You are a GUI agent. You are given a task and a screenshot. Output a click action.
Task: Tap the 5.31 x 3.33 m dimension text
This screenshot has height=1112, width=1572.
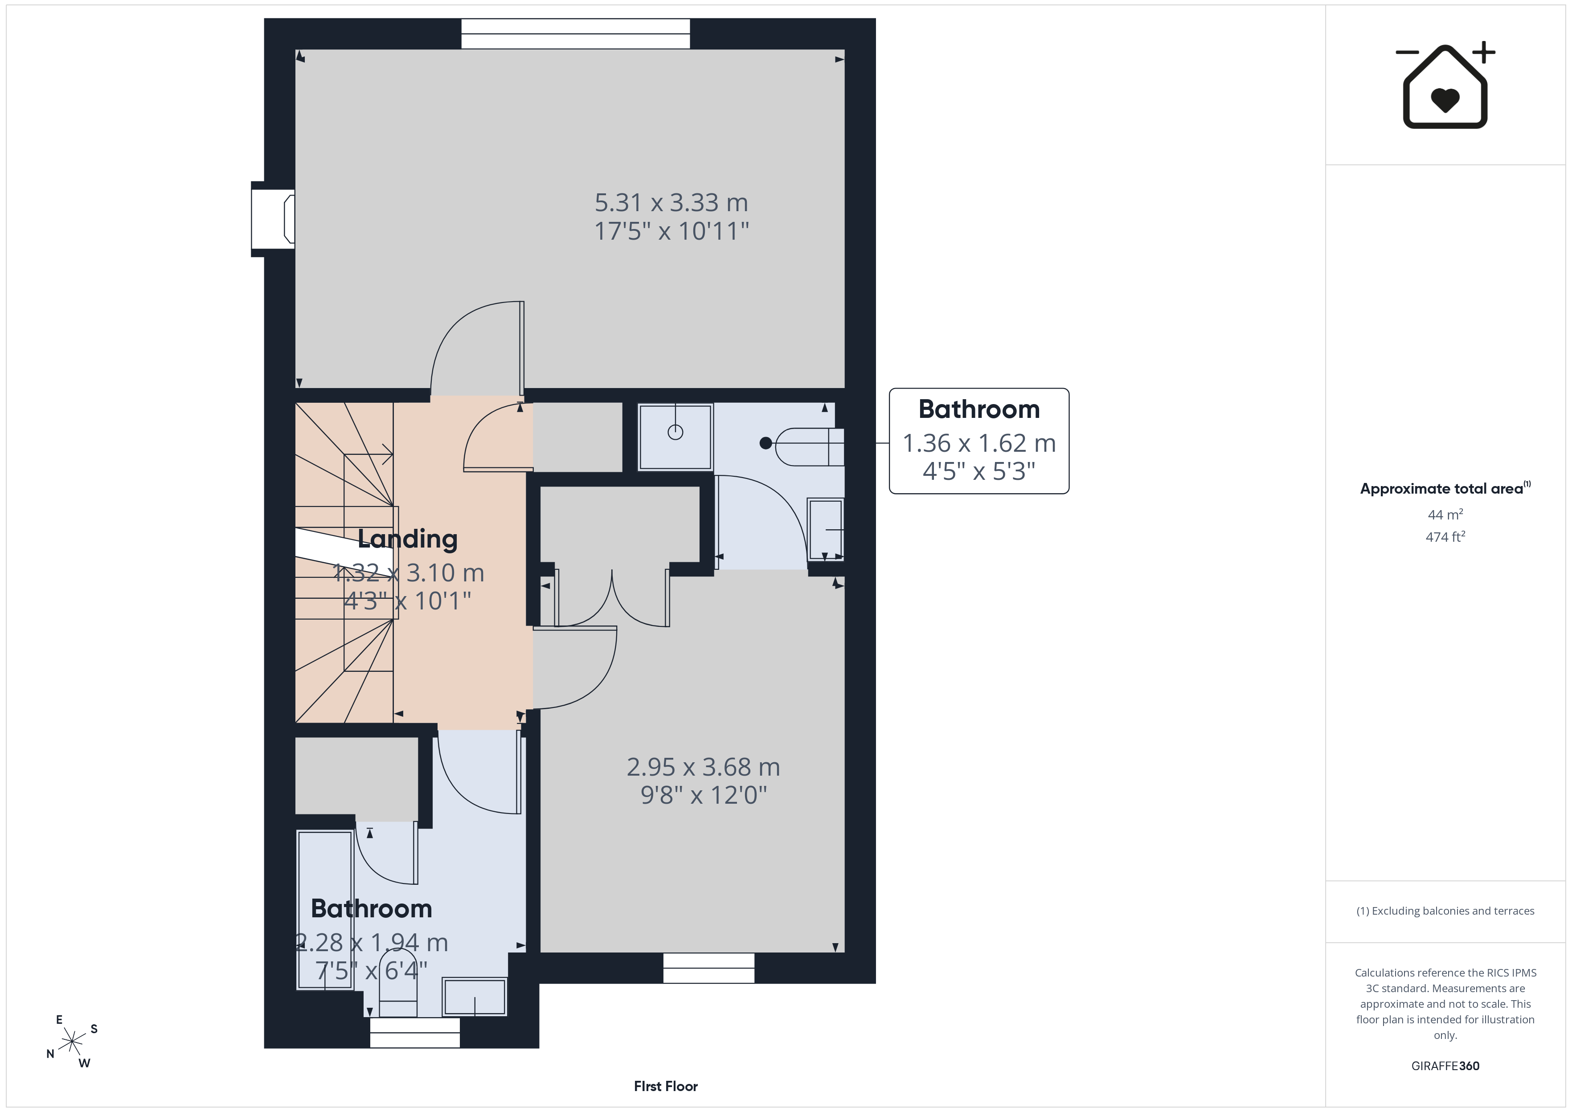tap(671, 203)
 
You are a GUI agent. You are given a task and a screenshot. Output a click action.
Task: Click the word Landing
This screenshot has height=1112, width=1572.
tap(407, 540)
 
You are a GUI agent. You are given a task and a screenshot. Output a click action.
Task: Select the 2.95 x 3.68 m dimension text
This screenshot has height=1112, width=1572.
tap(703, 767)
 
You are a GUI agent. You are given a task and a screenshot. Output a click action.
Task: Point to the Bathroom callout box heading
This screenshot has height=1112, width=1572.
tap(979, 409)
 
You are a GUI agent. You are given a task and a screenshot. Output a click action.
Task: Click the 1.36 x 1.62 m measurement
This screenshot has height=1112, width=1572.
tap(979, 443)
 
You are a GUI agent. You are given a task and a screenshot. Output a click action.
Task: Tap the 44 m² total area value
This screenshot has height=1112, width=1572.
tap(1445, 514)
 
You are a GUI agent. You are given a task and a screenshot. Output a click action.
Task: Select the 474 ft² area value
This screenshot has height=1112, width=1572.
tap(1445, 537)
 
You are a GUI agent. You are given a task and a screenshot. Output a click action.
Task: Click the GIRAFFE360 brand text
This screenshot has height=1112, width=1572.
tap(1445, 1065)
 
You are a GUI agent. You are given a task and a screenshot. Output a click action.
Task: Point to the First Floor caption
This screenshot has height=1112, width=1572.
tap(666, 1086)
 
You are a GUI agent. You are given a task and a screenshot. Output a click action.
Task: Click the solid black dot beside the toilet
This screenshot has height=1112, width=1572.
tap(766, 443)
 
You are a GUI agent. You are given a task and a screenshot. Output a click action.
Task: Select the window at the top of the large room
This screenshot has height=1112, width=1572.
tap(575, 33)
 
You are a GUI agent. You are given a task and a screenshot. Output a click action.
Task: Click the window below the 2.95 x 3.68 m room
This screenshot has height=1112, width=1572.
tap(708, 968)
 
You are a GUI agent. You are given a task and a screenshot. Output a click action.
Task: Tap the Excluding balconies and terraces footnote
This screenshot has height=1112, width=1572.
tap(1445, 911)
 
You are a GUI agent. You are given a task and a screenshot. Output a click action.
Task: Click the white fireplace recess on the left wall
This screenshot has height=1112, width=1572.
tap(273, 219)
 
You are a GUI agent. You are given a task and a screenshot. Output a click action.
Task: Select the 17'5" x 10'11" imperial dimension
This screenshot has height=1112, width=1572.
tap(671, 231)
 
